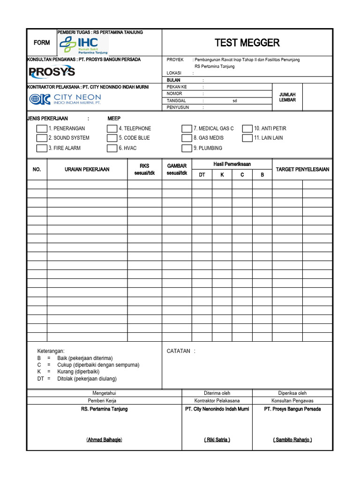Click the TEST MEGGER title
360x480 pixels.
point(247,43)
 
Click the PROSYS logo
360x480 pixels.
point(52,72)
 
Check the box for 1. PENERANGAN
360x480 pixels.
point(42,128)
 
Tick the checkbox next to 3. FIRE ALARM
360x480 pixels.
point(42,148)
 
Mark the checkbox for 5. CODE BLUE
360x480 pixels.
point(112,138)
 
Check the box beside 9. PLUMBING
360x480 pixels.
point(187,148)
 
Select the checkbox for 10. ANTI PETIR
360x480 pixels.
point(247,128)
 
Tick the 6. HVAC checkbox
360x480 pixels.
point(112,148)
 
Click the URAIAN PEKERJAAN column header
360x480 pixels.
point(87,169)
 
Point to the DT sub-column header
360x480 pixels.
point(202,175)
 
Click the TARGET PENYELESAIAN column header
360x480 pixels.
point(302,169)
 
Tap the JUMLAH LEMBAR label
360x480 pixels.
point(287,97)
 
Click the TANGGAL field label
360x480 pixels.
point(176,101)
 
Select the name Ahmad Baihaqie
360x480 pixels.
point(104,440)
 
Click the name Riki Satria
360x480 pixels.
point(217,440)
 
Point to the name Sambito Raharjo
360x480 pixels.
point(292,440)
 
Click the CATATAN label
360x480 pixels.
point(179,351)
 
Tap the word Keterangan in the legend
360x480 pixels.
point(51,351)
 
